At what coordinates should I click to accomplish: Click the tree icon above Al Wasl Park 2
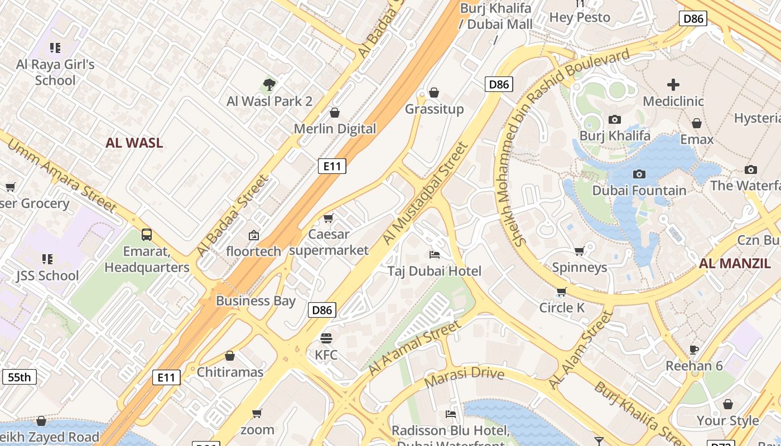point(269,85)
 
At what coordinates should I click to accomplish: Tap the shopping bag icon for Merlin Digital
point(335,113)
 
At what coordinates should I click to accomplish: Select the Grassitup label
point(434,109)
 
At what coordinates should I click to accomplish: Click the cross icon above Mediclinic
point(673,85)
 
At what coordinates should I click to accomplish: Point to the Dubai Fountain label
point(639,190)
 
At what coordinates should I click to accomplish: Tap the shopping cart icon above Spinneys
point(579,251)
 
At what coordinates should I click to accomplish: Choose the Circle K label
point(562,308)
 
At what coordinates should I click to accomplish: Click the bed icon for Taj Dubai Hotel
point(435,255)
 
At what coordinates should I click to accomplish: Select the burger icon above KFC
point(326,338)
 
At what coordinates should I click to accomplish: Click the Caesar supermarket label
point(329,242)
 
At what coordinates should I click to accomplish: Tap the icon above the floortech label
point(254,235)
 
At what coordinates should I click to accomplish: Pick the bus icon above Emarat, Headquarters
point(147,235)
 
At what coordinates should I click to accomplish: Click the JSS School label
point(47,275)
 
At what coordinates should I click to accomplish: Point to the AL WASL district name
point(134,143)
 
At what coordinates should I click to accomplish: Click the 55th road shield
point(20,377)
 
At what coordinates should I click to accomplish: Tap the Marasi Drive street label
point(464,377)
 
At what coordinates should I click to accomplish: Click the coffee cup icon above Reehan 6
point(694,350)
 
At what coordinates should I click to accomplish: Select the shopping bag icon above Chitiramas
point(230,356)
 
